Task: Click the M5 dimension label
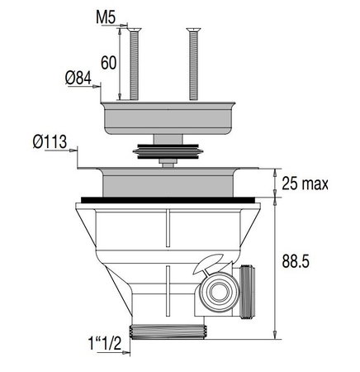106,17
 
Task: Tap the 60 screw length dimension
108,63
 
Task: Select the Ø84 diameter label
78,78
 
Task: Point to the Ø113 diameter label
50,142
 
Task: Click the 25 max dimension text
305,184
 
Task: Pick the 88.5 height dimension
296,261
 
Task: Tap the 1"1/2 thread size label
105,343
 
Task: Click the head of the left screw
134,30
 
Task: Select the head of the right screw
193,30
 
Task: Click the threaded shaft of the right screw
193,65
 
